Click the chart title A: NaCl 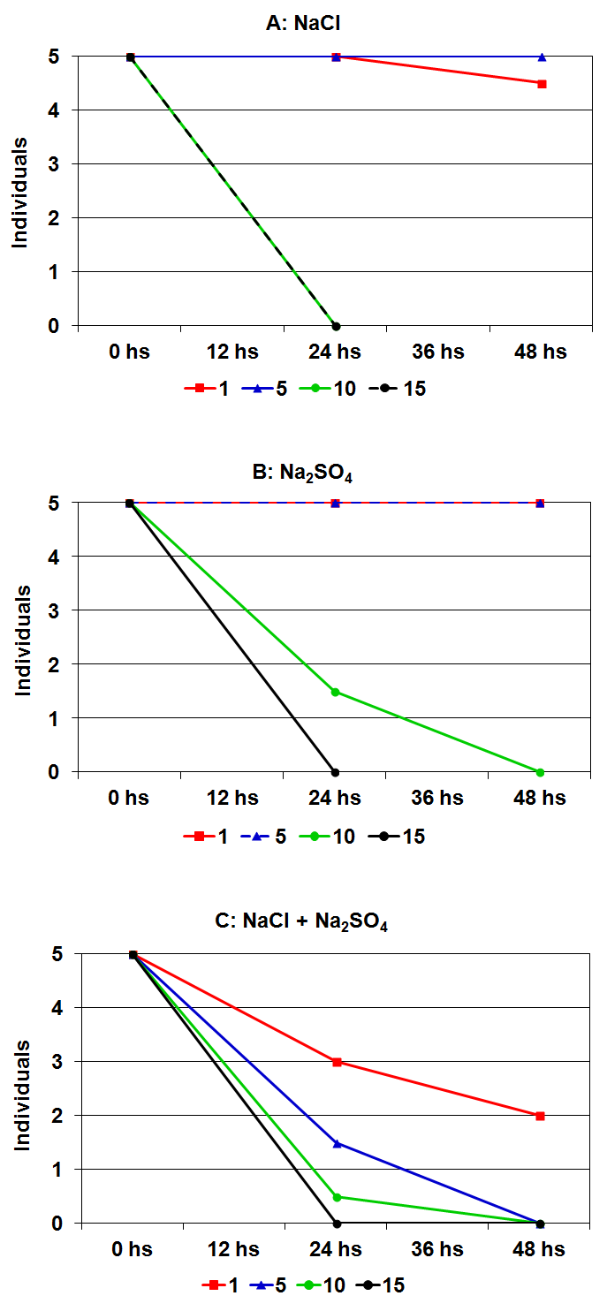click(x=303, y=24)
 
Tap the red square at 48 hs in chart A click(x=542, y=84)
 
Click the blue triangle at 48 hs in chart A click(x=542, y=57)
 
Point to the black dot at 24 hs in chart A click(x=336, y=326)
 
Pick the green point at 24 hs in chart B click(x=336, y=692)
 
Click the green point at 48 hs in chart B click(x=541, y=772)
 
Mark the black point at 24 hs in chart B click(x=336, y=772)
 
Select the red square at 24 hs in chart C click(x=337, y=1062)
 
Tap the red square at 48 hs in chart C click(x=541, y=1116)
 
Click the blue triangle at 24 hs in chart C click(x=337, y=1143)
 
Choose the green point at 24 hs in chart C click(x=337, y=1197)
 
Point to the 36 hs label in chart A click(x=439, y=352)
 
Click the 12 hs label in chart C click(x=234, y=1250)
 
